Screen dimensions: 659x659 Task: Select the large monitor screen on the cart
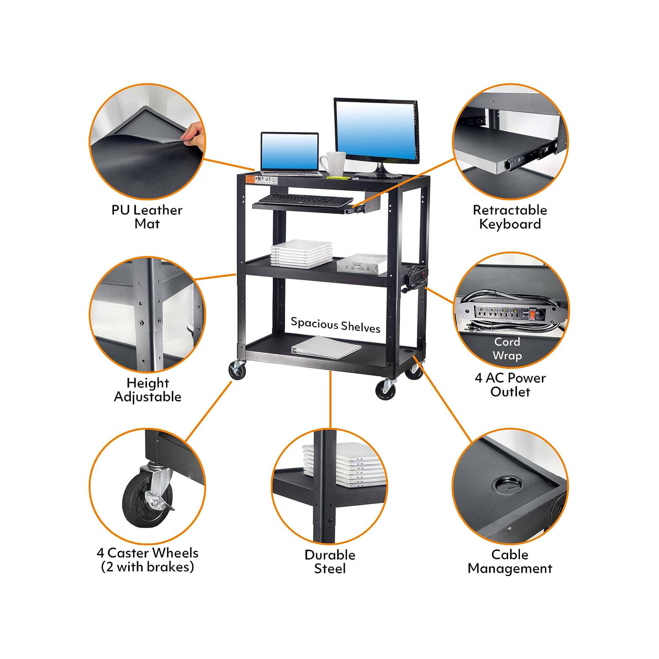pos(376,130)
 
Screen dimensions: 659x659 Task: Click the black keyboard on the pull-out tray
pos(306,200)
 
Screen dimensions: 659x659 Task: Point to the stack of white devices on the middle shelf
pos(301,253)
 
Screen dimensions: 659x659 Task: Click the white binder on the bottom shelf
pos(327,347)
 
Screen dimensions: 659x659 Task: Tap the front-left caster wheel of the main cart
pos(238,370)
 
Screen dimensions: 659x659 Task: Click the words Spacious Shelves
pos(335,325)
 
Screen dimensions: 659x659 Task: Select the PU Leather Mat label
pos(147,217)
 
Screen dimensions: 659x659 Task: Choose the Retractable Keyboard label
pos(510,217)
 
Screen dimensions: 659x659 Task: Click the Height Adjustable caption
pos(147,389)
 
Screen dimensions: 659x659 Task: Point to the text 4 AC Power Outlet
pos(510,384)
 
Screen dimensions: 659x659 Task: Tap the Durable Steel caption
pos(330,561)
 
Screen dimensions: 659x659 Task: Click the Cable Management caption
pos(510,561)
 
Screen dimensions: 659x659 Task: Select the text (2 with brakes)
pos(147,567)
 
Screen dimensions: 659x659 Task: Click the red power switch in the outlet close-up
pos(532,314)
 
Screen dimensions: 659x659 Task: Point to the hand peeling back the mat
pos(194,135)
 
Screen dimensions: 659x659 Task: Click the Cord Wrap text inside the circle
pos(507,348)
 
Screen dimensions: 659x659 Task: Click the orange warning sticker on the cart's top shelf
pos(250,179)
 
